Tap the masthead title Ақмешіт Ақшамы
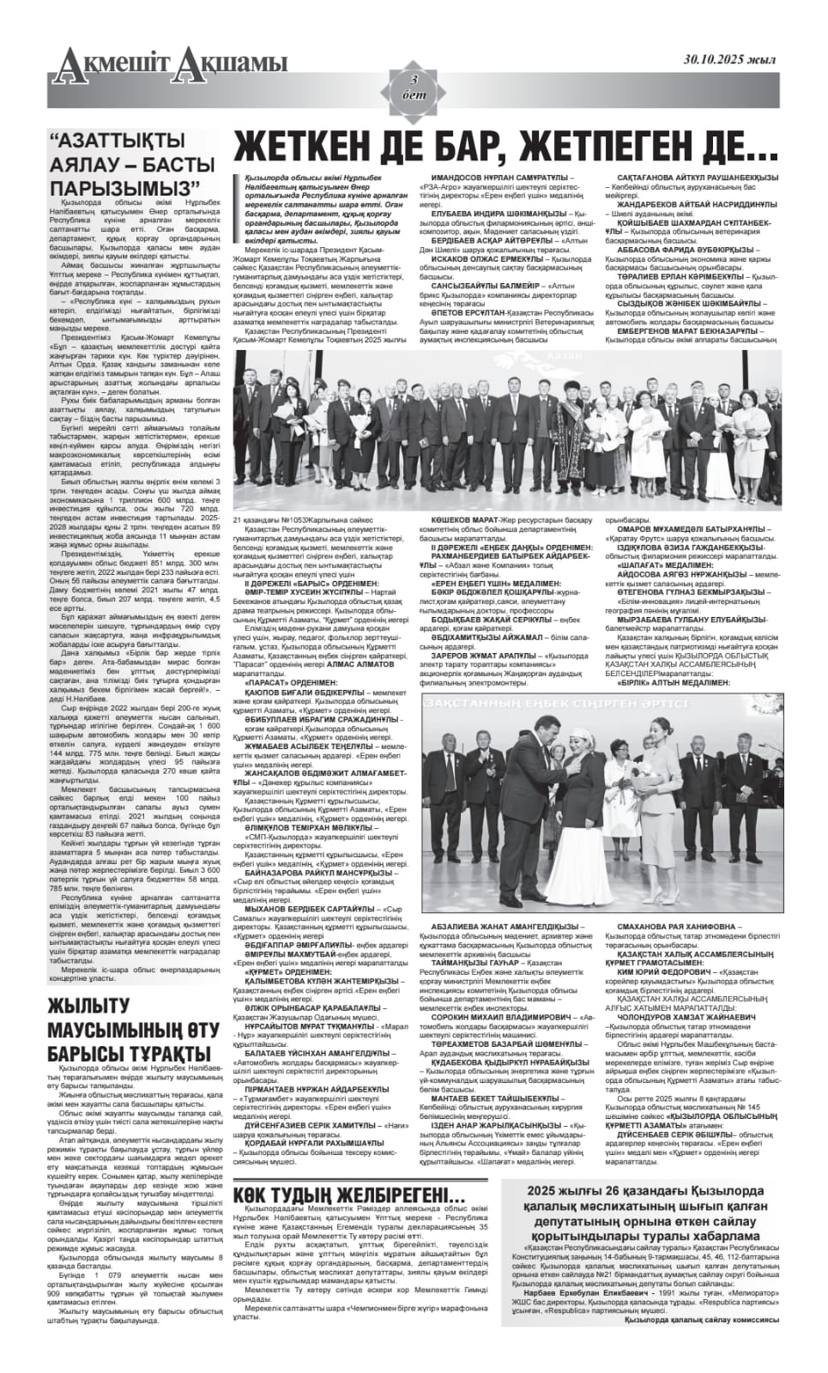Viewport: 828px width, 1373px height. pyautogui.click(x=168, y=63)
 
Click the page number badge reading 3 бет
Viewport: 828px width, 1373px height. pyautogui.click(x=414, y=87)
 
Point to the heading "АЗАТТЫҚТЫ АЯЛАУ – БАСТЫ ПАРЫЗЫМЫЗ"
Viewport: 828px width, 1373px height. pyautogui.click(x=131, y=165)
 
